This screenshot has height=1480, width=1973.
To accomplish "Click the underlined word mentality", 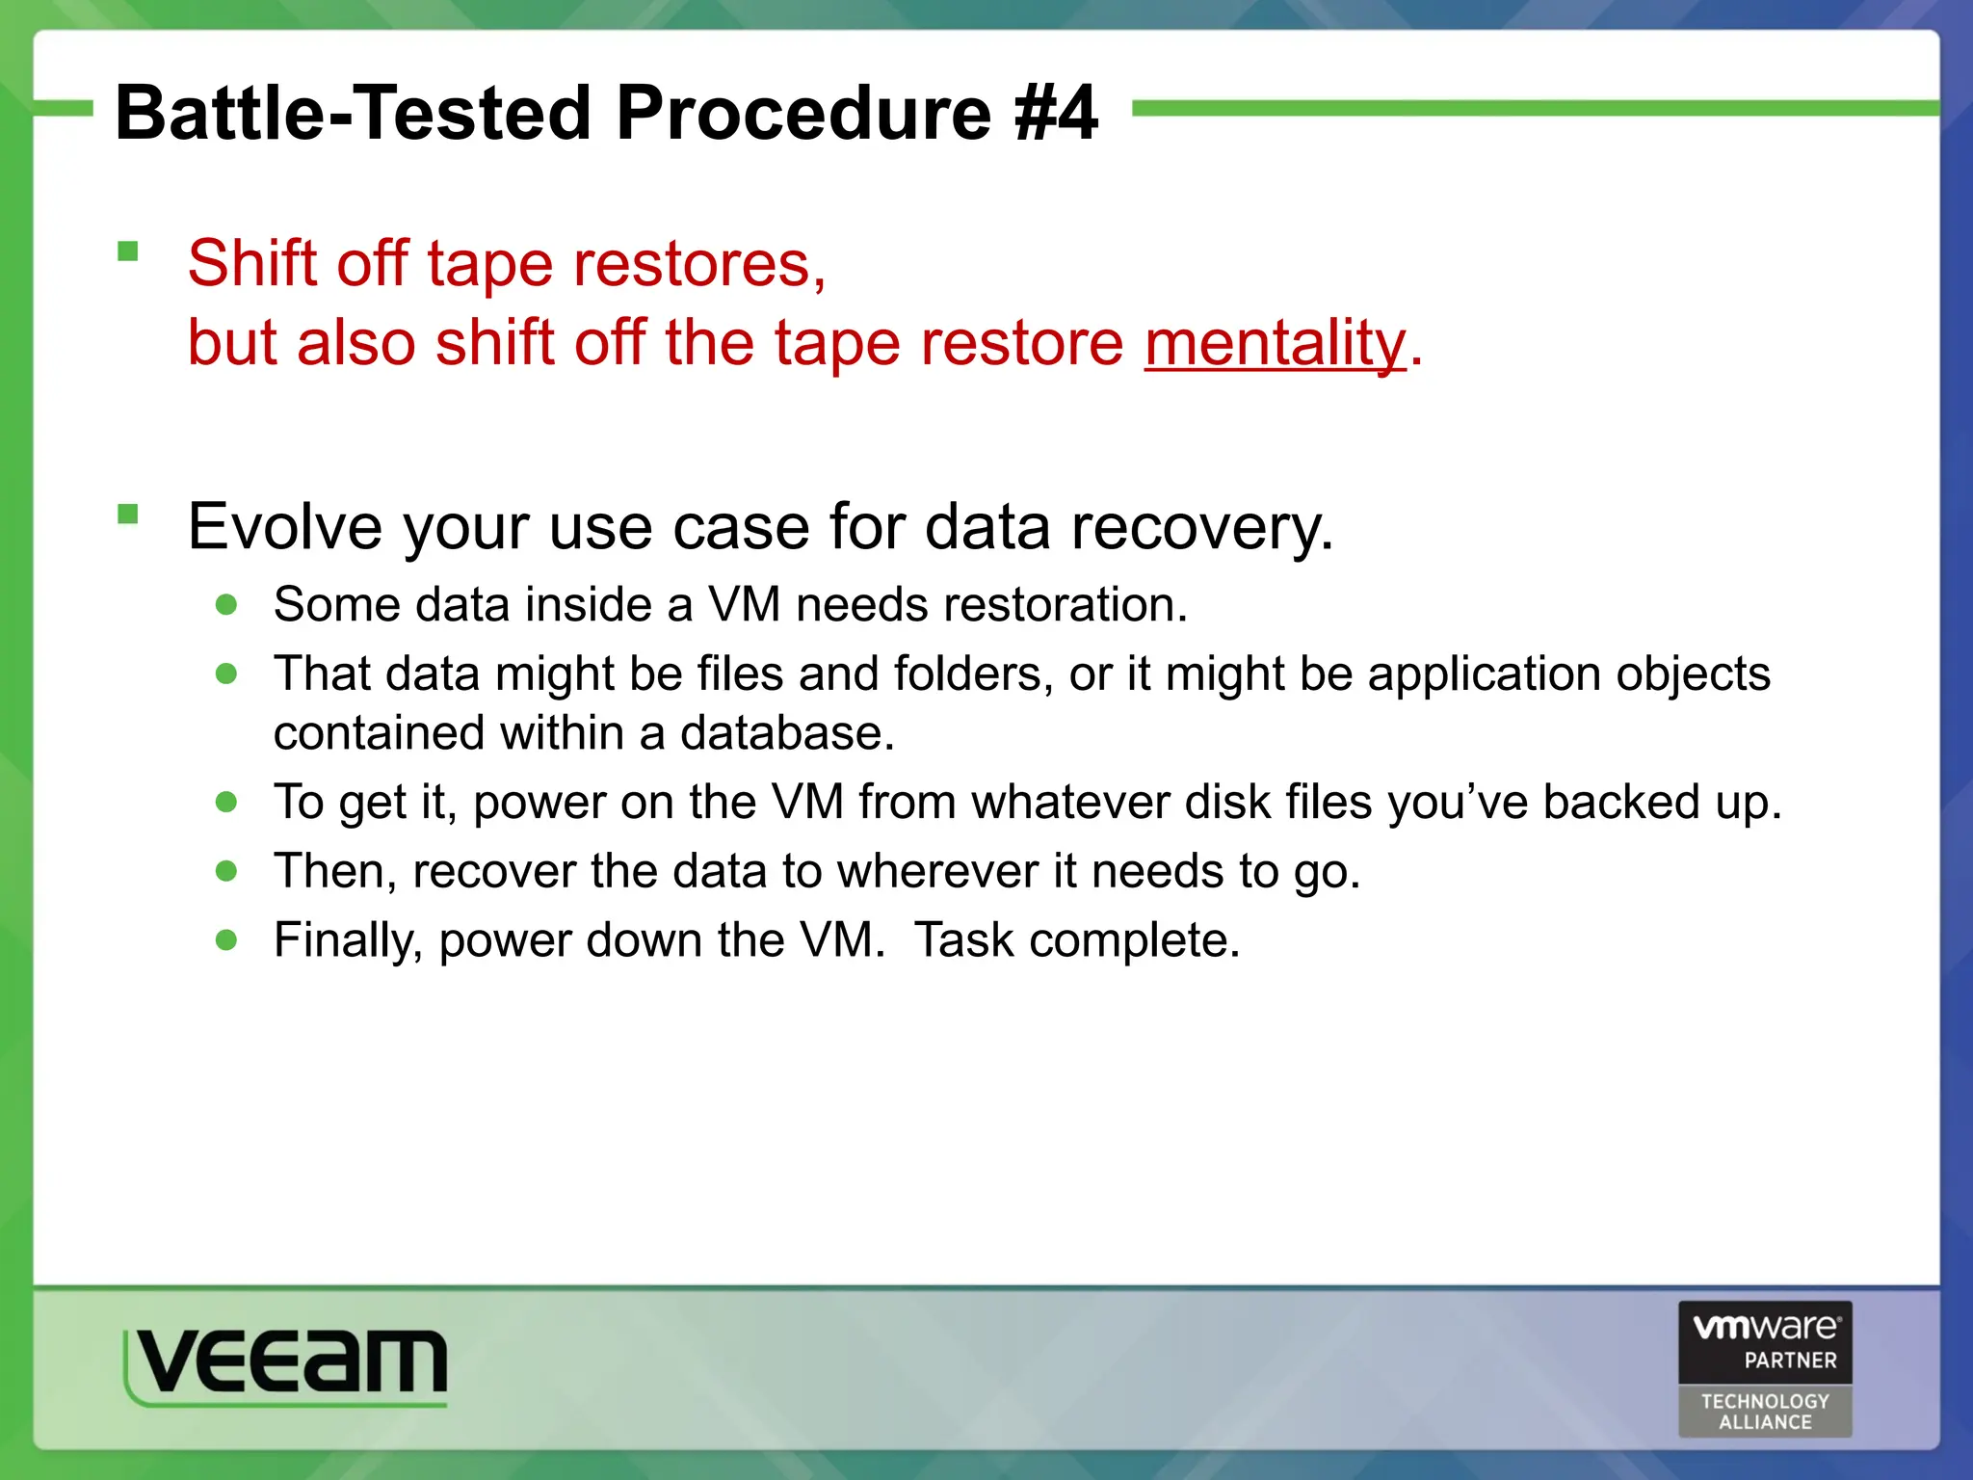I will point(1275,344).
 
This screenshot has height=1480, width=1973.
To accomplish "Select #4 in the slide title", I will point(1056,113).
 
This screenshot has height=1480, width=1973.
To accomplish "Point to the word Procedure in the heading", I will point(803,113).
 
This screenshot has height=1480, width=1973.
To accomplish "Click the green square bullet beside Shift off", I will point(128,252).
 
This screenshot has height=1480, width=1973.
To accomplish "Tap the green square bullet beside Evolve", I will point(128,515).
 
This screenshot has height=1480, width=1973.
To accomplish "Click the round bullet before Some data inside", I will point(227,605).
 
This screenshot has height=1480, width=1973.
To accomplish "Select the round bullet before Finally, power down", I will point(227,939).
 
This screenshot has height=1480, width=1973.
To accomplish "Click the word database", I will point(787,733).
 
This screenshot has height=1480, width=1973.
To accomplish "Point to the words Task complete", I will point(1076,939).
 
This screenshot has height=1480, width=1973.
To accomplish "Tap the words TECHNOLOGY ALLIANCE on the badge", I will point(1765,1412).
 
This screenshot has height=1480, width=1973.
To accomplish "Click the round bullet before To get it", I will point(227,802).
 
